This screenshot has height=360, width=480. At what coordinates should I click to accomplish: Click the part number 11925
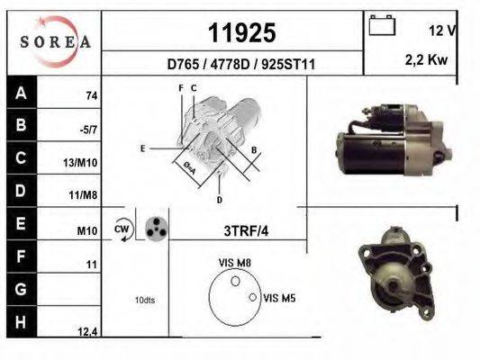coord(241,33)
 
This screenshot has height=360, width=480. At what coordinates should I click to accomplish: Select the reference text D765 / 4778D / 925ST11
coord(241,65)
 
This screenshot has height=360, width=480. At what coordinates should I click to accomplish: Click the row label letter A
coord(21,92)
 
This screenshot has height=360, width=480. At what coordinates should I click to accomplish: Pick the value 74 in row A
coord(91,95)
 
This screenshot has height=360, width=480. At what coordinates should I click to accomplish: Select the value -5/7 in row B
coord(88,130)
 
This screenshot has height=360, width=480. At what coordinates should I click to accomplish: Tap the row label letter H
coord(21,322)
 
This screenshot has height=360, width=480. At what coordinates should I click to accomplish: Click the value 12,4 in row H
coord(86,332)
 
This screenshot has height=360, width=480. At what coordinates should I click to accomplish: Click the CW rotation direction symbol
coord(122,230)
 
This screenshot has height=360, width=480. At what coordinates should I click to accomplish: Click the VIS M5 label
coord(279,296)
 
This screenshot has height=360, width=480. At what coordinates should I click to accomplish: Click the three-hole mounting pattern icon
coord(156,229)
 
